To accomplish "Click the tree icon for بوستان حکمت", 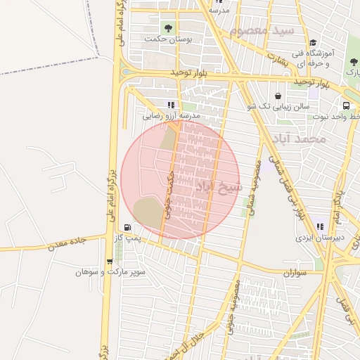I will (x=167, y=28).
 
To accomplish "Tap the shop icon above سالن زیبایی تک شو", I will (x=278, y=96).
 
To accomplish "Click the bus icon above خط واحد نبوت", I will (x=346, y=105).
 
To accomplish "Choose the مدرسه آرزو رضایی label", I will (x=172, y=115).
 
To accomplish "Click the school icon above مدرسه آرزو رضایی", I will (x=171, y=104).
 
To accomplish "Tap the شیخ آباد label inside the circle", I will (x=218, y=187).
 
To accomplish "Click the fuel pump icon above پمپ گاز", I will (x=127, y=227).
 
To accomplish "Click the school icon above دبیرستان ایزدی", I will (x=321, y=226).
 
